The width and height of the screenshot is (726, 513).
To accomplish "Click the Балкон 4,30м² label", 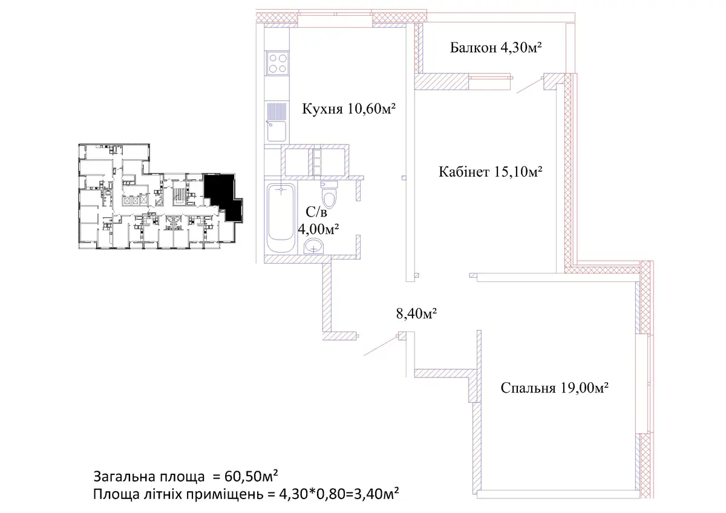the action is pos(496,48).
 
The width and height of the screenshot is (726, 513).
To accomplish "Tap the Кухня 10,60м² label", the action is pos(348,109).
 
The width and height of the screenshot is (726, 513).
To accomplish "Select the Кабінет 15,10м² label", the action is pos(491,172).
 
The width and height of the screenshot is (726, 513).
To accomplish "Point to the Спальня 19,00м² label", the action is pos(554,388).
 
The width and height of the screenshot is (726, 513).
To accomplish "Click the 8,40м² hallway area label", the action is pos(416,313).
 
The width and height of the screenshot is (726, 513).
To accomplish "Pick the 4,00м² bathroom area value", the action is pos(318,229).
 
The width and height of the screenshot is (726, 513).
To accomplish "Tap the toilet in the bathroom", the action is pos(329,194).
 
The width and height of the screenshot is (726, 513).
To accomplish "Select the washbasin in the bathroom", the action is pos(313,247).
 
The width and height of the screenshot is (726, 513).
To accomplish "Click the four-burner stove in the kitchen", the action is pos(278,63).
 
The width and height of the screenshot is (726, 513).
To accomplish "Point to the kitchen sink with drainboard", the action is pos(276,122).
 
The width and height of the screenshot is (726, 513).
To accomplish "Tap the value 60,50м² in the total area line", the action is pos(251,476).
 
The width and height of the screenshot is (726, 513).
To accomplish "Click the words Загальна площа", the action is pos(149,476).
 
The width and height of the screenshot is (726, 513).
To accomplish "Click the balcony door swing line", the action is pos(529,85).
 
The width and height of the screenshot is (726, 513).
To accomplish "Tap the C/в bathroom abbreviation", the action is pos(316,212).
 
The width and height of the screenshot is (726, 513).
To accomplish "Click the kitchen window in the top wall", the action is pos(335,19).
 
